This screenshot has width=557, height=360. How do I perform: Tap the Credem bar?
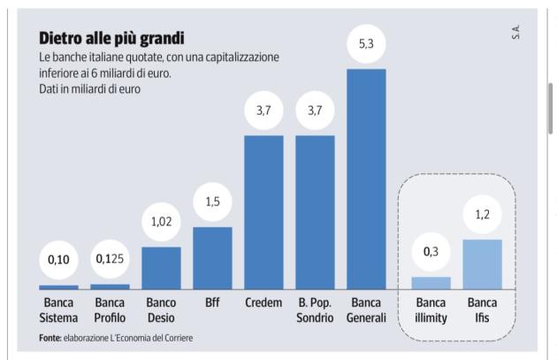coord(263,212)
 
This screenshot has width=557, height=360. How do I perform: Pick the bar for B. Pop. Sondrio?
coord(315,212)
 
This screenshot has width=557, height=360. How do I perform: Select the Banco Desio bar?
coord(161,268)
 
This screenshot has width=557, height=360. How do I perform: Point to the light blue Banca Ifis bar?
coord(483,264)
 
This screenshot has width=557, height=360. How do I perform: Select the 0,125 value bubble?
coord(110,259)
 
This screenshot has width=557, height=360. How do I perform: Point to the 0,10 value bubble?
coord(58,259)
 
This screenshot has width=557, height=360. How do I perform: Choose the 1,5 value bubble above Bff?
coord(212,203)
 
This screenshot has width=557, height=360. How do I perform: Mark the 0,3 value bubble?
coord(431,252)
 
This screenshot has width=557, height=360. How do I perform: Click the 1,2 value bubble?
coord(483,215)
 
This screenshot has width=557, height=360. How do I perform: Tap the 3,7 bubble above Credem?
coord(263,111)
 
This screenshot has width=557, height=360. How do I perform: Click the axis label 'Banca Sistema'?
coord(58,310)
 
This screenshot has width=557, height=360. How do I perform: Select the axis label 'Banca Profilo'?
coord(110,310)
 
